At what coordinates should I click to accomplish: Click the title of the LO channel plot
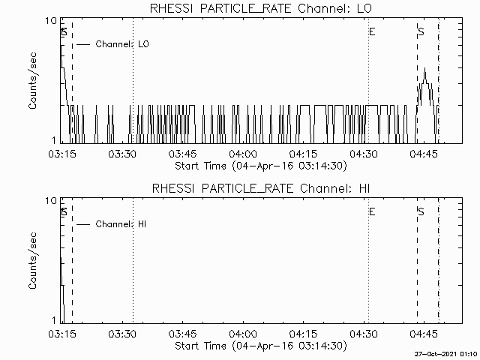261,8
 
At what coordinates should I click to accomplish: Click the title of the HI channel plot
261,188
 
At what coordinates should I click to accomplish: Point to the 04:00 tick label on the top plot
243,154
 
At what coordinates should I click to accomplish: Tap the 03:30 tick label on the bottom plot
122,334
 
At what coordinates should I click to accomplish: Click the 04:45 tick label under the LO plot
424,154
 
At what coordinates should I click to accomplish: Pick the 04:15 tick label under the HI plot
303,334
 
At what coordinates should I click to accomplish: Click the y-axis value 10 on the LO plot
51,21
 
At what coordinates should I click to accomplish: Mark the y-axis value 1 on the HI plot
54,320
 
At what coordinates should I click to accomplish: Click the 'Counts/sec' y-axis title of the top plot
32,80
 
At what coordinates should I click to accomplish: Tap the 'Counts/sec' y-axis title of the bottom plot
32,260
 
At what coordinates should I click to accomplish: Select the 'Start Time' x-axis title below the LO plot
261,166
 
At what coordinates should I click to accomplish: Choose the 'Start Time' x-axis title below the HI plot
261,346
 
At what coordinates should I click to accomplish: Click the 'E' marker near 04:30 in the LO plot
372,31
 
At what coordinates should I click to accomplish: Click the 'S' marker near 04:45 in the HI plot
421,211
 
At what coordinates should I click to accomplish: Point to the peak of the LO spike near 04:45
424,68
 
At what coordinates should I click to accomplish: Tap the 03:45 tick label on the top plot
183,154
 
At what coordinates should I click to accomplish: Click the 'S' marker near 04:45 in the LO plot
421,31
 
